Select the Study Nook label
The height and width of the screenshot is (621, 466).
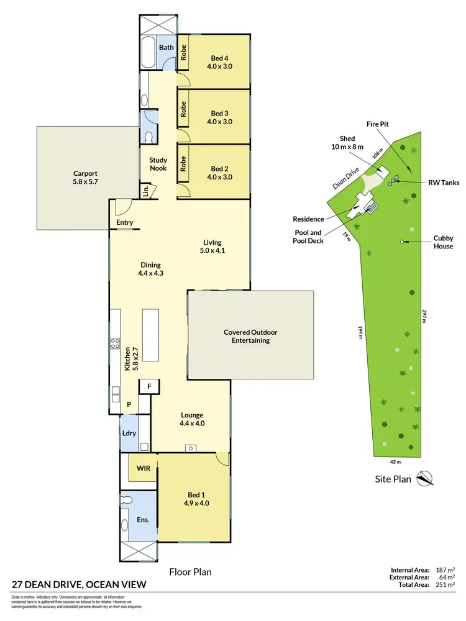[x=158, y=164]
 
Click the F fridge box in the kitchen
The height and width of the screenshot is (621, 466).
[x=149, y=387]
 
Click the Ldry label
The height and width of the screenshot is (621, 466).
[x=129, y=433]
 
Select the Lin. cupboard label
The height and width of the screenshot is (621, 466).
[x=145, y=190]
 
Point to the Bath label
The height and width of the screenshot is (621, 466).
[x=166, y=47]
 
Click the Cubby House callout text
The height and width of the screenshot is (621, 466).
[x=443, y=242]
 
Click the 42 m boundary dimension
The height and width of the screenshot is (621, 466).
[x=395, y=462]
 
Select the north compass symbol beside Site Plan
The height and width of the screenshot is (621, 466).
[x=425, y=479]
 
